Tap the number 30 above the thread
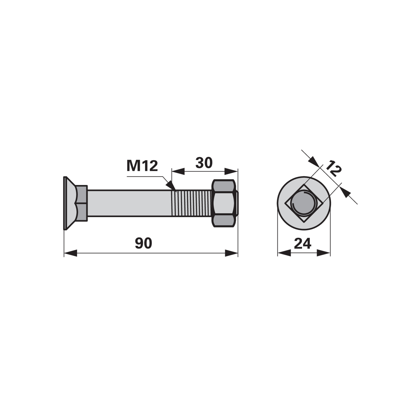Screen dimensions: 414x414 pos(204,163)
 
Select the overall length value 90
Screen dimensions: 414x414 pos(144,243)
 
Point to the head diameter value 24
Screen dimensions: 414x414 pos(302,243)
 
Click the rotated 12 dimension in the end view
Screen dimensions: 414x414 pos(333,168)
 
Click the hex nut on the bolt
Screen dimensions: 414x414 pos(224,203)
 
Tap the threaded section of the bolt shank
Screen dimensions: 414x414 pos(192,203)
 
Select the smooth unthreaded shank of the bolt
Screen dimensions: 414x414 pos(129,203)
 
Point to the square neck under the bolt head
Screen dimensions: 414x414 pos(83,203)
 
